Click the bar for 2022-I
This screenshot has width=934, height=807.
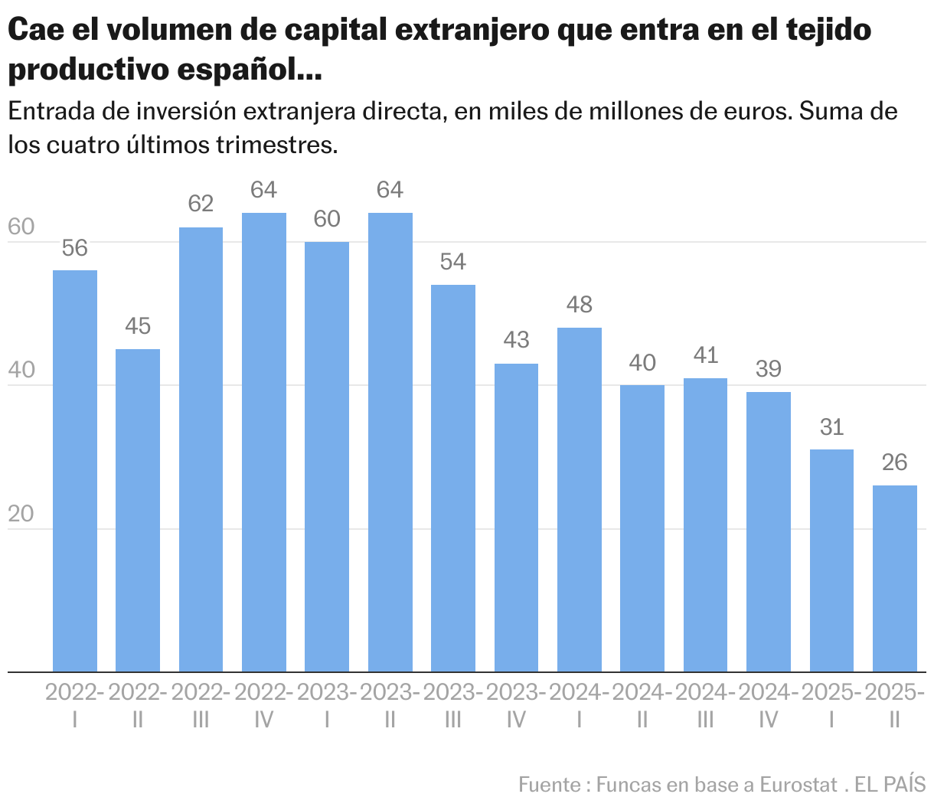(x=75, y=471)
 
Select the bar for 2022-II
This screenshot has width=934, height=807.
(x=138, y=511)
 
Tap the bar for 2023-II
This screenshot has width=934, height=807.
(x=390, y=443)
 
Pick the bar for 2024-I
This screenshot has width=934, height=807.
(x=580, y=500)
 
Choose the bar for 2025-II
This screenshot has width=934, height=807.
(x=895, y=579)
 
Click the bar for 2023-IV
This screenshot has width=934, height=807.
(x=516, y=518)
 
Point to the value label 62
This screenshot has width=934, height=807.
(x=201, y=204)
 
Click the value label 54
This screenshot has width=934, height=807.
(x=453, y=262)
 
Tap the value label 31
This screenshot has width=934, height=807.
(x=831, y=426)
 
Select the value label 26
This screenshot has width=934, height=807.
(x=895, y=462)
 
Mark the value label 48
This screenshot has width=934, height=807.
(x=580, y=305)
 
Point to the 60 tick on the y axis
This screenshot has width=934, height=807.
(x=21, y=227)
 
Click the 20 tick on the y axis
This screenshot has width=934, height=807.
(x=21, y=514)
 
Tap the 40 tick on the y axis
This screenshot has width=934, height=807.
(x=21, y=371)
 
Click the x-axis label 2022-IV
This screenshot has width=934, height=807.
(x=263, y=705)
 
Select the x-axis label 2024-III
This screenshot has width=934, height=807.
(x=705, y=705)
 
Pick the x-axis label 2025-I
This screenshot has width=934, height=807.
(x=831, y=705)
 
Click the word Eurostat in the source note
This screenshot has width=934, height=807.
(x=798, y=785)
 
